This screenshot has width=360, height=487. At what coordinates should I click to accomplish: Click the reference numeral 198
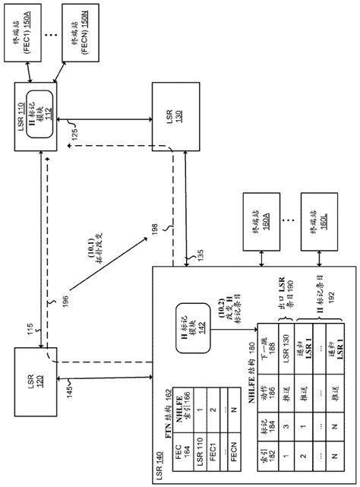point(155,230)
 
